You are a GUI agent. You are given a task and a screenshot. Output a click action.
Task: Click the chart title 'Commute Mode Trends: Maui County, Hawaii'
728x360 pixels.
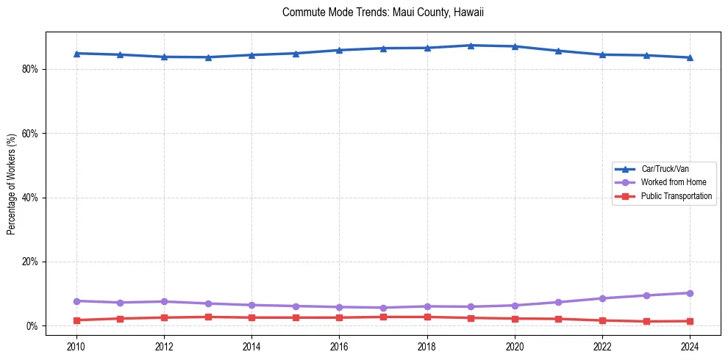coord(382,12)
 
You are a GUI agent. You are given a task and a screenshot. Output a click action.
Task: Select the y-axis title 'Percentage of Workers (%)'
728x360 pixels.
coord(11,184)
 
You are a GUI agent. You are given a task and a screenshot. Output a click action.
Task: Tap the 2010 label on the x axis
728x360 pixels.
coord(76,346)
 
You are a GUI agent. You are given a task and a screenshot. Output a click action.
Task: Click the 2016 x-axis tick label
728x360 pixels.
coord(339,346)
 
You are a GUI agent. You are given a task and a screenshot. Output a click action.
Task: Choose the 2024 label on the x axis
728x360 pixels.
coord(690,346)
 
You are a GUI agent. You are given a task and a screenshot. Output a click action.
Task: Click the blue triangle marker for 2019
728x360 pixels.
coord(471,46)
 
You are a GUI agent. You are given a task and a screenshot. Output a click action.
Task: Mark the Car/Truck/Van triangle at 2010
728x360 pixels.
coord(76,54)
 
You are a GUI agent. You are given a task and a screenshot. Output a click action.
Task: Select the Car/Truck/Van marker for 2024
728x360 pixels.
coord(690,57)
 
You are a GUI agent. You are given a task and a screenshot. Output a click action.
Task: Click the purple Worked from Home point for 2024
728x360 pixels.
coord(690,293)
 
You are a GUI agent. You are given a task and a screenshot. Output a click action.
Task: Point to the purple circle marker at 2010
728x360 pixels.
coord(76,301)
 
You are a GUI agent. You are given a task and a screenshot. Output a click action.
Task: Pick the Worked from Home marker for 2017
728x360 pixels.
coord(383,308)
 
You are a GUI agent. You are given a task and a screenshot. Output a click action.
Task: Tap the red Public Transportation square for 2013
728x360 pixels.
coord(208,317)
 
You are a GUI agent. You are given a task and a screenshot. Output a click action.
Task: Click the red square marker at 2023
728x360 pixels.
coord(646,322)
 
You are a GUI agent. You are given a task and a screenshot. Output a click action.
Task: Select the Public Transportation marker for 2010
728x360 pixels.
coord(76,320)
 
